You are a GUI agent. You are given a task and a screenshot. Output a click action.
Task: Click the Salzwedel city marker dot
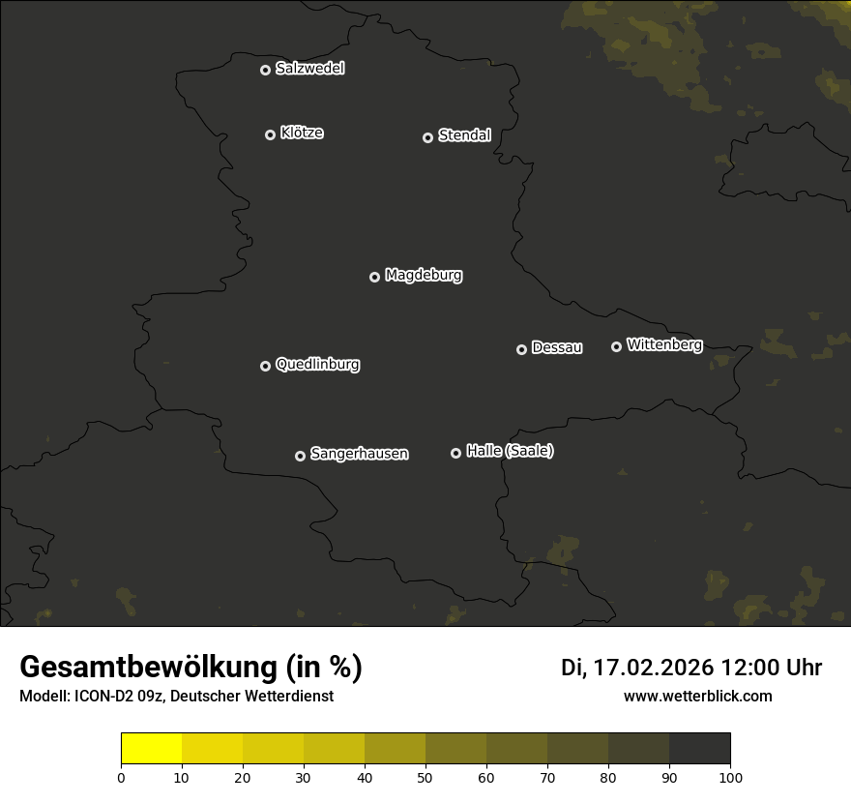[265, 70]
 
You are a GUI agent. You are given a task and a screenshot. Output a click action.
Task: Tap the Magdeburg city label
[424, 276]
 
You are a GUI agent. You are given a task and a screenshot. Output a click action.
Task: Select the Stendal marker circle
[427, 137]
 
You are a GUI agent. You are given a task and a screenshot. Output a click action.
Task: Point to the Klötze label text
[302, 134]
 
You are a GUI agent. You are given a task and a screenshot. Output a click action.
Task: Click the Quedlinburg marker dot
[265, 366]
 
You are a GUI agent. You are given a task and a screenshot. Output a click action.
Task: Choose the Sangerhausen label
[359, 454]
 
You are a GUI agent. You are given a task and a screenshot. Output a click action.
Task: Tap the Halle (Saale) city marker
[455, 453]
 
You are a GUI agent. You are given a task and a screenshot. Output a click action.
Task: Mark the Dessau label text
[557, 348]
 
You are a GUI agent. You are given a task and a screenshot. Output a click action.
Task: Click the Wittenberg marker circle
[616, 346]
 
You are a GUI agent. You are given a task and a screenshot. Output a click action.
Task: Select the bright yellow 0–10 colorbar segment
[152, 749]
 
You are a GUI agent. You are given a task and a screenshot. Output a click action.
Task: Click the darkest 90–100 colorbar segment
[699, 749]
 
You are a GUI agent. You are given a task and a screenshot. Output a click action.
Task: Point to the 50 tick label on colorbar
[425, 777]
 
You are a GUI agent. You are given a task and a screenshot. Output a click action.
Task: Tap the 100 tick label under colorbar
[730, 777]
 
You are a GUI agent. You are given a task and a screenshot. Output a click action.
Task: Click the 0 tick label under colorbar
[121, 777]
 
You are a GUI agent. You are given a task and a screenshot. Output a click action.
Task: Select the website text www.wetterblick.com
[697, 696]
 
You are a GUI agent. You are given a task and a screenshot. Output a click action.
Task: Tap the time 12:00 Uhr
[771, 668]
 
